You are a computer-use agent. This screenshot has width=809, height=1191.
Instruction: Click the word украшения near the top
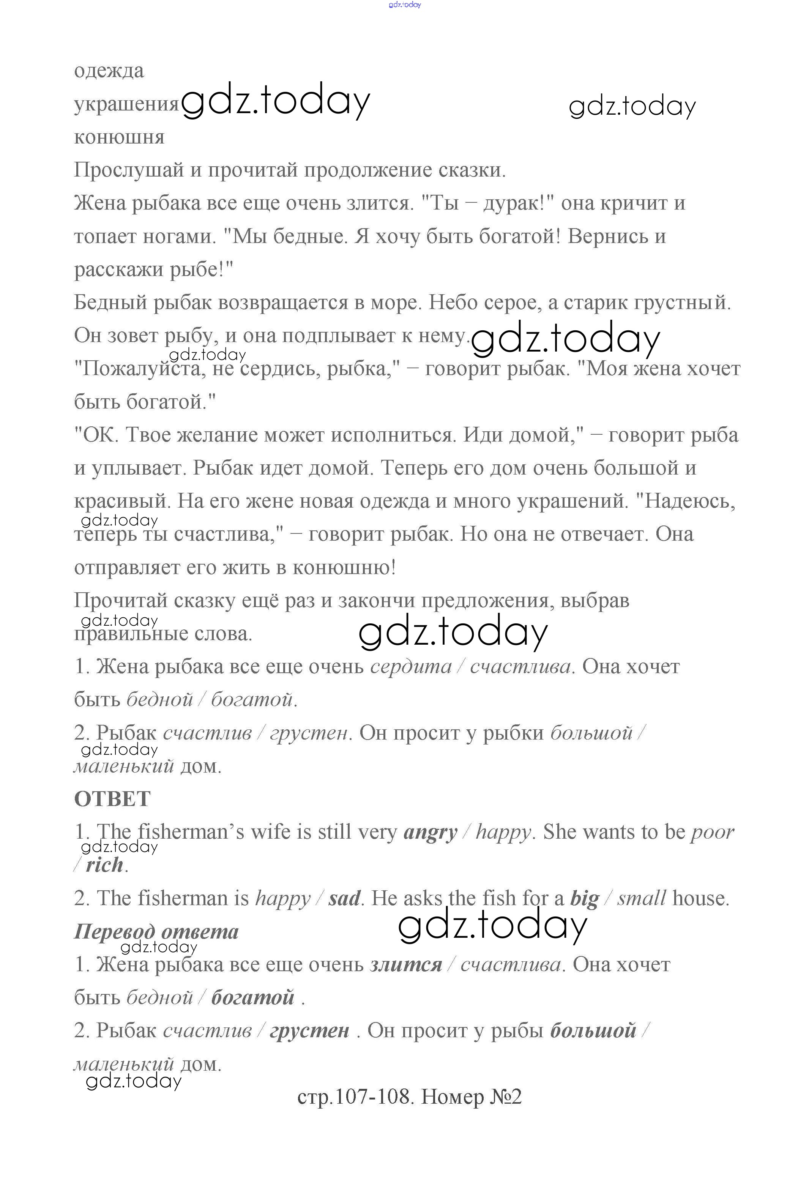[x=126, y=104]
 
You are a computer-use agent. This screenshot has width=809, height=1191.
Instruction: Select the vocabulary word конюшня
[x=119, y=137]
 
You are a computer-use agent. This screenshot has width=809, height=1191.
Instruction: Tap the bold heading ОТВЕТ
[x=112, y=799]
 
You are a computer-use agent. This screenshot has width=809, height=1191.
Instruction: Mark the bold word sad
[x=344, y=898]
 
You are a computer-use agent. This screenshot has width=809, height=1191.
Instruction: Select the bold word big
[x=585, y=898]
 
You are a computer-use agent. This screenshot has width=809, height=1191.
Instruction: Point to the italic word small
[x=641, y=898]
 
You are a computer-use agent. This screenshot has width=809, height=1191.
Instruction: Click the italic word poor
[x=713, y=832]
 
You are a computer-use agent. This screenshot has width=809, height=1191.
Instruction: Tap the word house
[x=700, y=898]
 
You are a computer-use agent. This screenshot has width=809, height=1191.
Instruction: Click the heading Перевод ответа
[x=156, y=932]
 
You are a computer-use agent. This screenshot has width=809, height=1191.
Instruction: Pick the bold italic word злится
[x=406, y=965]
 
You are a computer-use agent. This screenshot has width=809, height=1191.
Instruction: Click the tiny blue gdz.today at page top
[x=405, y=5]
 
